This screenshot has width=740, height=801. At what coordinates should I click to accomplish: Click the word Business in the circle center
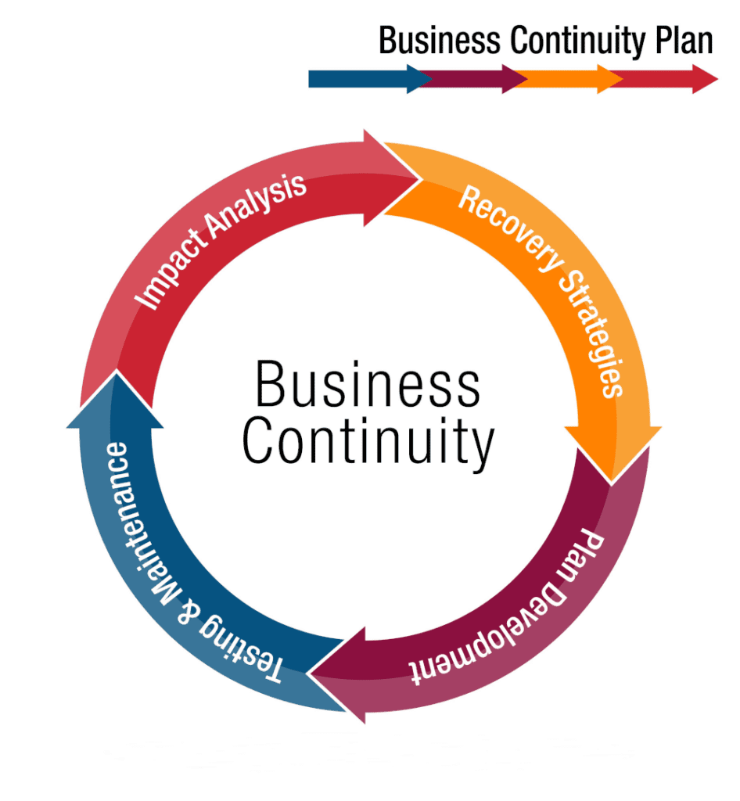(x=368, y=386)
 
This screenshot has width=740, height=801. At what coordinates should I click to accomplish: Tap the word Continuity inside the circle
(x=368, y=443)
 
